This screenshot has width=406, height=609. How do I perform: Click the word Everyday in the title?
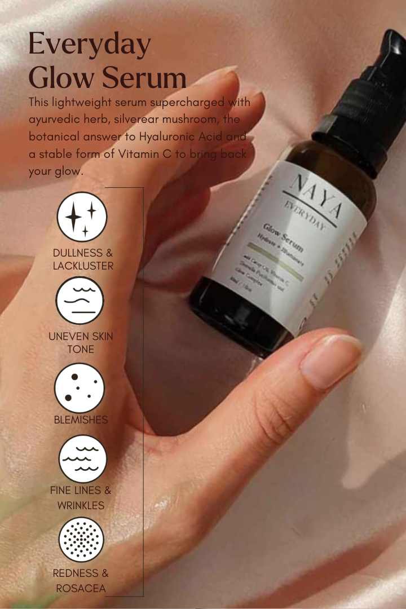coord(90,45)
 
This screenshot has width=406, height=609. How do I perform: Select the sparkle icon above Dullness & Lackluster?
coord(82,217)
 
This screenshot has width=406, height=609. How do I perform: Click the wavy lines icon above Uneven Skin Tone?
coord(80,300)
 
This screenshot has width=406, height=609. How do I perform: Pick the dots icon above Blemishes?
coord(80,388)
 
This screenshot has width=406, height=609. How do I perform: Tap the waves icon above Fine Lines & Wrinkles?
coord(82,458)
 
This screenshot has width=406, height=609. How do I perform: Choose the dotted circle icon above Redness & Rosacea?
coord(81,540)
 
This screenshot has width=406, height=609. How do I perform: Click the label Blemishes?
coord(81,420)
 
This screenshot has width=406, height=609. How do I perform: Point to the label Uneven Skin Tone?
coord(81,343)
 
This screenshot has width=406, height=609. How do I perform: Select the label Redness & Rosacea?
coord(81,580)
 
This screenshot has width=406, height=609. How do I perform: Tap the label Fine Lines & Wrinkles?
coord(81,498)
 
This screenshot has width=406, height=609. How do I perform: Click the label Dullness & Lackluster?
coord(83,259)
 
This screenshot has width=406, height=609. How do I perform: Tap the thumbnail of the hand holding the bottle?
coord(330,361)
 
